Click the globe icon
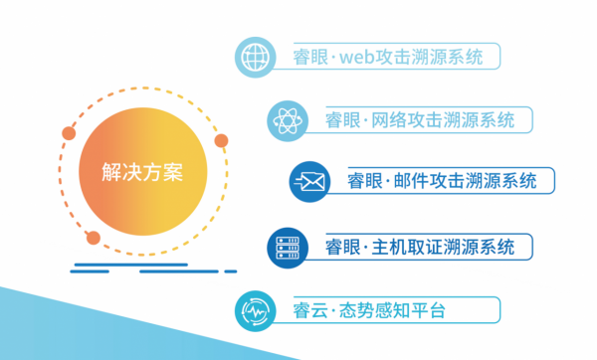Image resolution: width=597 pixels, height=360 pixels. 256,57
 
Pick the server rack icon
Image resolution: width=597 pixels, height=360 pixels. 287,245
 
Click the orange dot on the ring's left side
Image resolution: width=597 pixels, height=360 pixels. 69,131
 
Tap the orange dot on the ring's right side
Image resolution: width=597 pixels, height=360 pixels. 221,140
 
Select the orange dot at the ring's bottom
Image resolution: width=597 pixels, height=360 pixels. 93,237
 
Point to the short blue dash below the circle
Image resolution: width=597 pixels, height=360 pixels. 231,270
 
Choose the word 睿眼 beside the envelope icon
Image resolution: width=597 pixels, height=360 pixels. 365,181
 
